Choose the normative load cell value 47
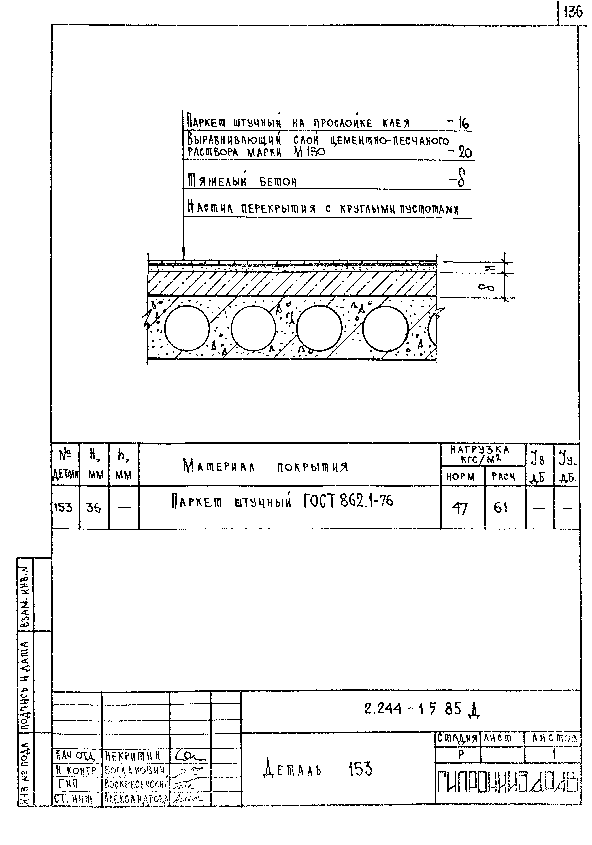[460, 508]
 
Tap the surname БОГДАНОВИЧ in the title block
[135, 770]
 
